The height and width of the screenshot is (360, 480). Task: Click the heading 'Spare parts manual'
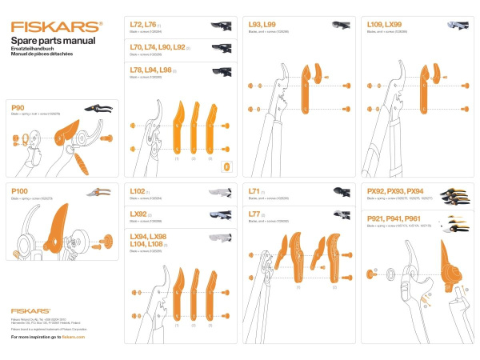coord(53,40)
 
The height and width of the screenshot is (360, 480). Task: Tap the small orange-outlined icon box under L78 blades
coord(226,166)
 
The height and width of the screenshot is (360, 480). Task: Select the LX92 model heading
coord(139,214)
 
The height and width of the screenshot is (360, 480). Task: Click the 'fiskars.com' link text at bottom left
coord(73,337)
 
